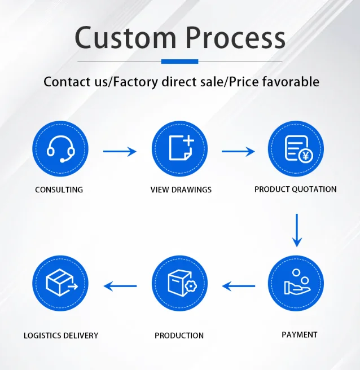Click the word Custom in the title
tap(126, 38)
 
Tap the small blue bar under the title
tap(179, 61)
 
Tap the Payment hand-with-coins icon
tap(296, 283)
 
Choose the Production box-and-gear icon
tap(179, 283)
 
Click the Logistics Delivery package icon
tap(60, 283)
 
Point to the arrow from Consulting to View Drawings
tap(120, 151)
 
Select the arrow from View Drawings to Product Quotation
tap(238, 151)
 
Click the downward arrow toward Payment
tap(297, 230)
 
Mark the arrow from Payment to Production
tap(239, 286)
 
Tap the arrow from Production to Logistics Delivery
tap(120, 286)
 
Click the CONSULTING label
tap(59, 190)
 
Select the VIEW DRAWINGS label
tap(181, 190)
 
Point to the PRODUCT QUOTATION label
tap(295, 190)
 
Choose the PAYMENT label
tap(299, 335)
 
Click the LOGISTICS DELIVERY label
tap(61, 336)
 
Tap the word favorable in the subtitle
tap(291, 82)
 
